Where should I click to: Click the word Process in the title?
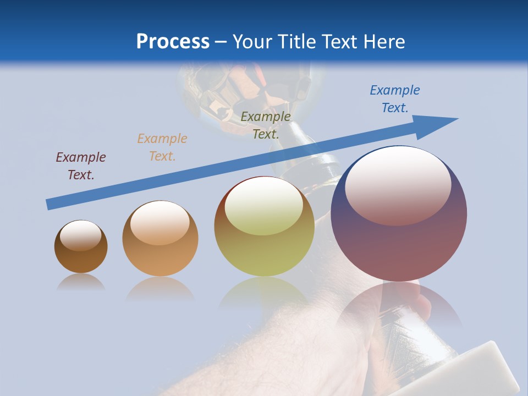click(x=173, y=42)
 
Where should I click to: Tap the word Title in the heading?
click(x=296, y=42)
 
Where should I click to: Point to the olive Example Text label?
click(x=266, y=125)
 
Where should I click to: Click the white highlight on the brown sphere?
click(x=81, y=235)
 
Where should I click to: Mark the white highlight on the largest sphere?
click(x=398, y=185)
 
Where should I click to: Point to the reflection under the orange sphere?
click(x=160, y=288)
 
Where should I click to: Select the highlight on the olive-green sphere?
click(x=264, y=206)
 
